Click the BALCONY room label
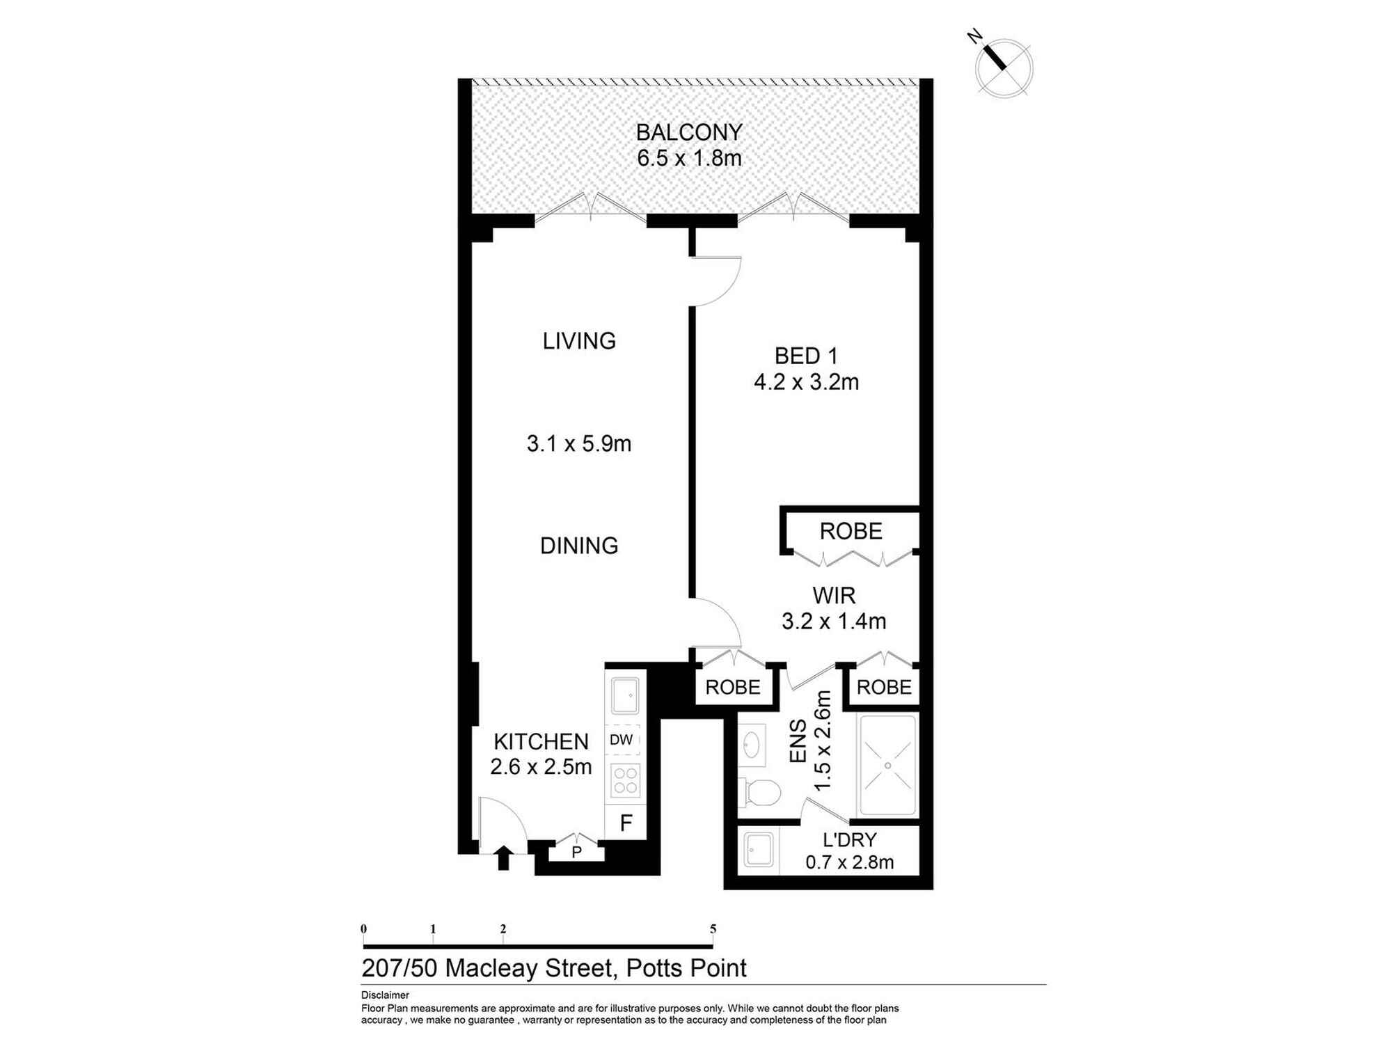689,132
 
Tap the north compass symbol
1003,68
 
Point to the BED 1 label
806,356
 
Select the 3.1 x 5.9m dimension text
579,444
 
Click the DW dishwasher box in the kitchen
622,740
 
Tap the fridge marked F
626,823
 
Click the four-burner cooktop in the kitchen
625,780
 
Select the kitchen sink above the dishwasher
625,695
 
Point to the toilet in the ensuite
759,792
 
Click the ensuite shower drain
888,766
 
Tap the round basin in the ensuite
752,744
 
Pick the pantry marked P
576,851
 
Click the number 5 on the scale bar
713,928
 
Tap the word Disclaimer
385,995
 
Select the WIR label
834,596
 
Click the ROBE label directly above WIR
851,532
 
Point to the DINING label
579,546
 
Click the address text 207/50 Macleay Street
487,968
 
